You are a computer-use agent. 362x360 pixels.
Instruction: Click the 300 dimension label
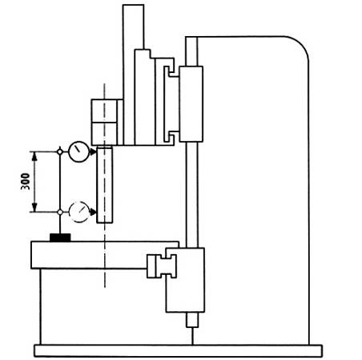click(26, 181)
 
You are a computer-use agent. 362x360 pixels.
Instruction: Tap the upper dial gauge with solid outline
click(78, 152)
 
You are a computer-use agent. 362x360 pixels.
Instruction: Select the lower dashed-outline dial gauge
click(79, 212)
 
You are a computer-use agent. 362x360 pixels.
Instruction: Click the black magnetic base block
click(60, 237)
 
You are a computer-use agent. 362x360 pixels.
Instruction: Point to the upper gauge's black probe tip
click(92, 152)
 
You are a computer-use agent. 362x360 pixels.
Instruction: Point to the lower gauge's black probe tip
click(93, 212)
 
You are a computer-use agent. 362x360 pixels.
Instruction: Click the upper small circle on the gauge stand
click(60, 152)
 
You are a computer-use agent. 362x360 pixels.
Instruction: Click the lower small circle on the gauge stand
click(60, 212)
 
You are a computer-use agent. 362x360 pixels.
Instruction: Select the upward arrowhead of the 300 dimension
click(34, 156)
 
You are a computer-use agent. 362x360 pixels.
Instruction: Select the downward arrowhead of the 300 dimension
click(34, 207)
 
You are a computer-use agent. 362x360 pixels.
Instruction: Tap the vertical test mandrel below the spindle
click(105, 184)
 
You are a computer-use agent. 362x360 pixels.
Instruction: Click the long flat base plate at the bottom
click(178, 350)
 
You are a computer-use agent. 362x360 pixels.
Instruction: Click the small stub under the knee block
click(192, 320)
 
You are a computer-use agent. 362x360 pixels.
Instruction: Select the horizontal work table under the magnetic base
click(105, 255)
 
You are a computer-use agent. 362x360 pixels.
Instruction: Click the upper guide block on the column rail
click(191, 103)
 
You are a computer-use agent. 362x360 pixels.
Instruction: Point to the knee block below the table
click(185, 280)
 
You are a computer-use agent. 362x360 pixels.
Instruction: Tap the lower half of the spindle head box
click(104, 134)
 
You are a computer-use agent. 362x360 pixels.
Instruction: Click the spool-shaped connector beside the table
click(162, 266)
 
